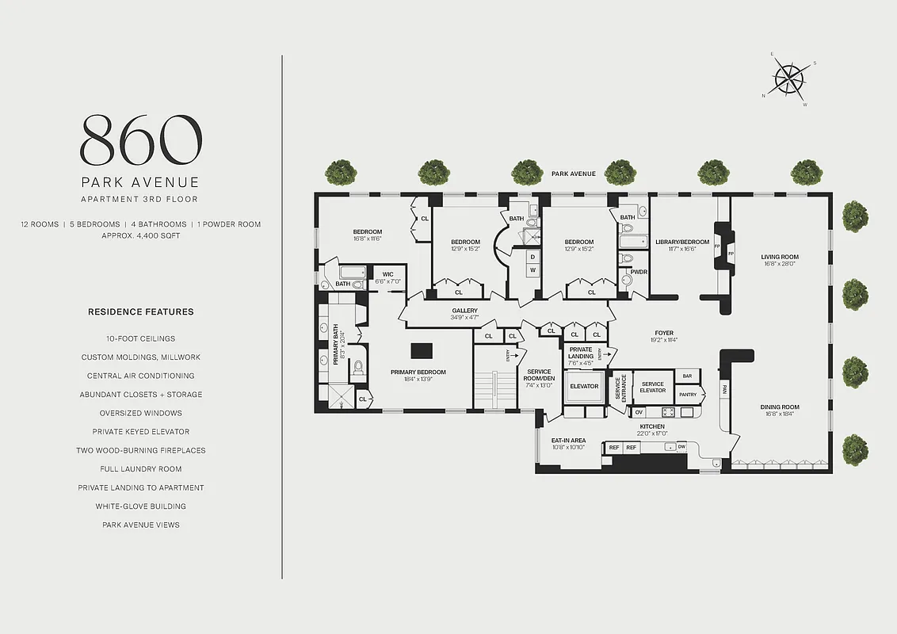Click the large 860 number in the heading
point(140,139)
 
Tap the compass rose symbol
point(788,78)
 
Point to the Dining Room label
point(780,410)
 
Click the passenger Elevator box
point(584,387)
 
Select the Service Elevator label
point(652,388)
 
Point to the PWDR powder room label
point(638,272)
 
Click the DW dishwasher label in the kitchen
point(681,447)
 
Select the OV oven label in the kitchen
point(639,412)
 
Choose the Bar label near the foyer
point(686,376)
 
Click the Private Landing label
point(581,353)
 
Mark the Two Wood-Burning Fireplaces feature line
point(140,450)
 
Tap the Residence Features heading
point(140,312)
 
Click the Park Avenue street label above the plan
point(573,173)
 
